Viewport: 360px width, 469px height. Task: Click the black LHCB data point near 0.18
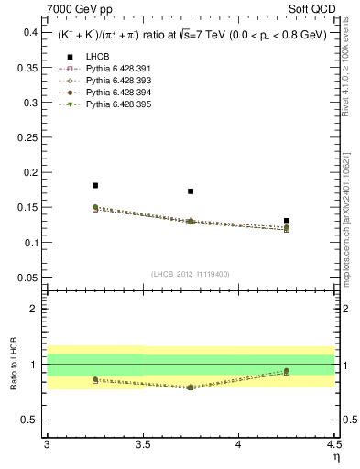(95, 186)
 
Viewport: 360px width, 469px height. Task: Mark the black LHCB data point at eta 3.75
(191, 191)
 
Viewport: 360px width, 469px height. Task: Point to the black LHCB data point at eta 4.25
(287, 221)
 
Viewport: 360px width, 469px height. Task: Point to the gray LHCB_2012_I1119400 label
(191, 273)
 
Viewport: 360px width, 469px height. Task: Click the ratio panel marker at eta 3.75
(191, 387)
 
